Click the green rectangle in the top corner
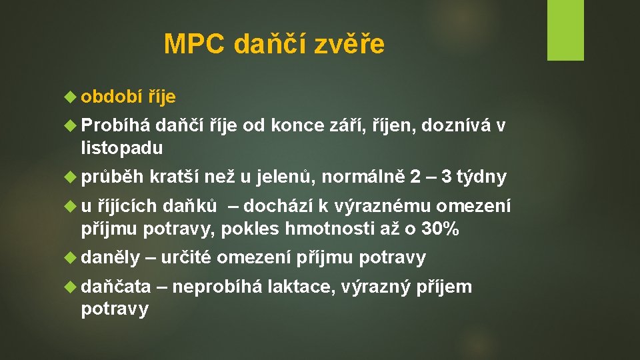click(565, 30)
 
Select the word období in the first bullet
click(111, 97)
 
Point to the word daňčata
click(115, 287)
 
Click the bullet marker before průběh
click(71, 177)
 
